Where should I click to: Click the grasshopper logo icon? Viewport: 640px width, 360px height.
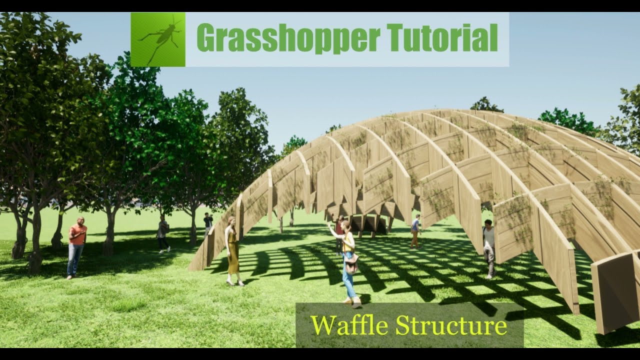click(x=158, y=39)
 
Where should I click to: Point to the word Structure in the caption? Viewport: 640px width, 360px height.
click(x=451, y=325)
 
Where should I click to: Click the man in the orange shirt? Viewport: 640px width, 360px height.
click(x=76, y=245)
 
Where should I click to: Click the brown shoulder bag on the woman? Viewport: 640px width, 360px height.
click(x=351, y=263)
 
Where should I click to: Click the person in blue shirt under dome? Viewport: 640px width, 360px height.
click(x=415, y=230)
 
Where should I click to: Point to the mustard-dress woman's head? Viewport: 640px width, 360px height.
click(x=231, y=221)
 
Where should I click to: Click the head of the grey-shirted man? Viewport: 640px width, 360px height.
click(x=488, y=223)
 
